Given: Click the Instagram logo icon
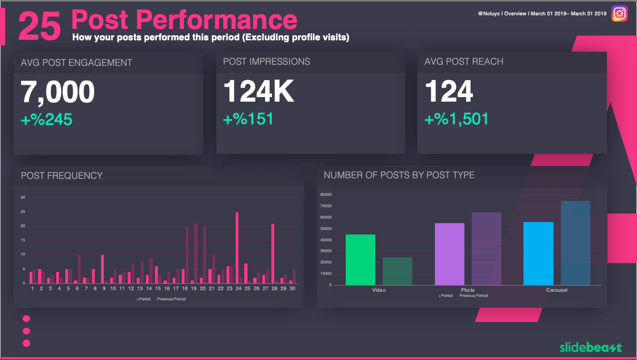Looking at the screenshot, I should point(619,14).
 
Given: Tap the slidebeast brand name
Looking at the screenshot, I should point(590,348).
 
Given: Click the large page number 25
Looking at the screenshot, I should point(40,27).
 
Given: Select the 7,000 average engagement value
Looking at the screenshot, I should point(58,92).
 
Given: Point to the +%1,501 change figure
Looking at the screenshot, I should point(456,119).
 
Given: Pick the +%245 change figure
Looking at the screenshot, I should point(47,119).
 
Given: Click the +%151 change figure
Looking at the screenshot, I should point(248,119).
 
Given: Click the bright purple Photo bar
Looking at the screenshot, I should point(449,254).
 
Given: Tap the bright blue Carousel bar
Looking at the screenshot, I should point(538,253).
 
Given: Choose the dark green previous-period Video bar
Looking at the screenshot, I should point(397,271).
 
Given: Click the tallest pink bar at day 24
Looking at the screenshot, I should point(237,248).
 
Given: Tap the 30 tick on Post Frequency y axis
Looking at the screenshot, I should point(23,198).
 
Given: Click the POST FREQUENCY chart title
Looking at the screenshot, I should point(62,176).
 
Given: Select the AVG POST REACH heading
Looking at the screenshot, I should point(464,62).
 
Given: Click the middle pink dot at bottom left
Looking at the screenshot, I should point(26,331).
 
